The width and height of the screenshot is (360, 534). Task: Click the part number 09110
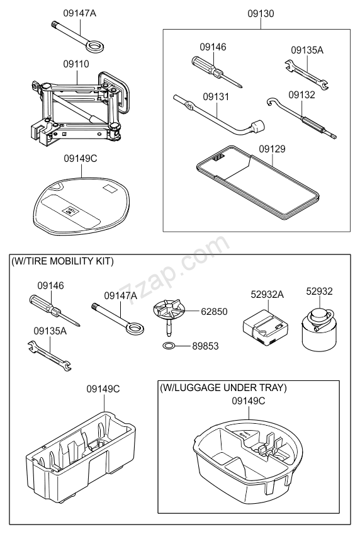coord(76,64)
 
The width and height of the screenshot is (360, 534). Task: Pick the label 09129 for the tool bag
coord(273,149)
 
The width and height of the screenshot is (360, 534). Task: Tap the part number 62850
coord(214,311)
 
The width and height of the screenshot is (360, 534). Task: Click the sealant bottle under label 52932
coord(321,329)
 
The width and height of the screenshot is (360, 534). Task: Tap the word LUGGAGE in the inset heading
coord(201,387)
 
